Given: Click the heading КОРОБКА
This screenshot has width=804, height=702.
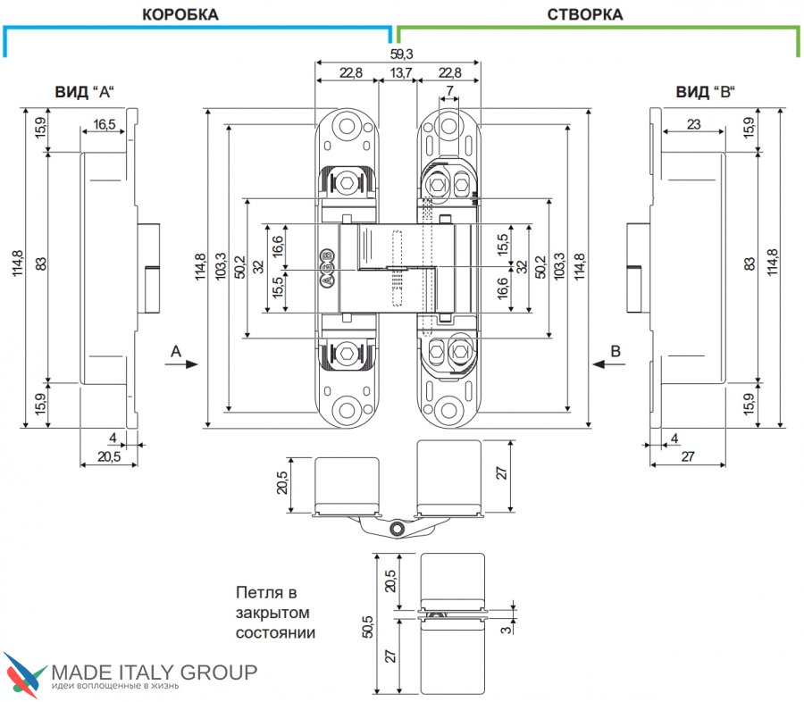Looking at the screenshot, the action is coord(180,14).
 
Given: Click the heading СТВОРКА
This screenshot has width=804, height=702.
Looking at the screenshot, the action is coord(585,14).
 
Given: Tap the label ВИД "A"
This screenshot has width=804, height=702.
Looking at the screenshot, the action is coord(84,92).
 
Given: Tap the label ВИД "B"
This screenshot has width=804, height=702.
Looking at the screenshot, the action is coord(705,92).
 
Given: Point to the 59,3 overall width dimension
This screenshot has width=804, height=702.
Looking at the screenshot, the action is coord(401,54).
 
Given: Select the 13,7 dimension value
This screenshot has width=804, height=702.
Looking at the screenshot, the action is coord(400,73).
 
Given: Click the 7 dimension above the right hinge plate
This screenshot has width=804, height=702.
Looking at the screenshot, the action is coord(449,91).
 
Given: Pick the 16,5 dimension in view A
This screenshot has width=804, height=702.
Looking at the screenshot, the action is coord(105,124).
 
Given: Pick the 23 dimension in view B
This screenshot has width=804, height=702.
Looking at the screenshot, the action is coord(693,124).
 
